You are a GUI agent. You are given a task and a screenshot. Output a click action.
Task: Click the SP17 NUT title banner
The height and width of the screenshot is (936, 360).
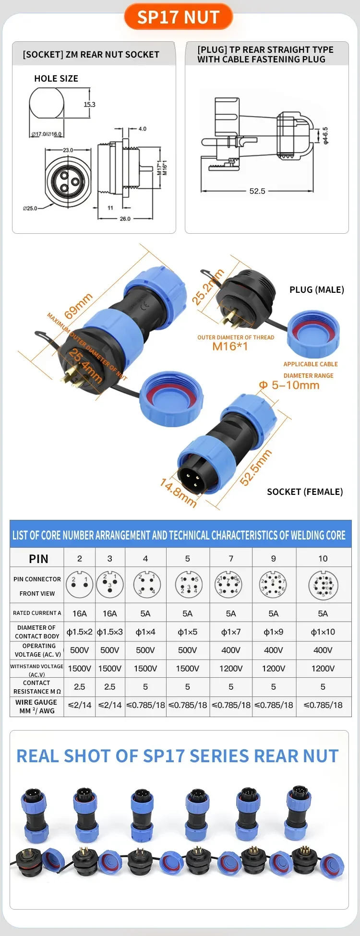tap(178, 17)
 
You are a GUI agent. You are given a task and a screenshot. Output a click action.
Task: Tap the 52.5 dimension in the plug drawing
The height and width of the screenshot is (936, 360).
tap(257, 191)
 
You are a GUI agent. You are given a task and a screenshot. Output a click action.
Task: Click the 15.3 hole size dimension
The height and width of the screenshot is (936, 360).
tap(89, 104)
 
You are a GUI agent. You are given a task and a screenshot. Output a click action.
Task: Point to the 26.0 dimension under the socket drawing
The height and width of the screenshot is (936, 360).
tap(125, 218)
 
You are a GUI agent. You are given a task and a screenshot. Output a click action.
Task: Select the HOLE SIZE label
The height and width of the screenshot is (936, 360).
tap(56, 78)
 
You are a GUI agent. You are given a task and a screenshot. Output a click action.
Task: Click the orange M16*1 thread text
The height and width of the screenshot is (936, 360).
tap(230, 346)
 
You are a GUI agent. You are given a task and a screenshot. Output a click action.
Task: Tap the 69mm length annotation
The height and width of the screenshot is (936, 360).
tap(78, 306)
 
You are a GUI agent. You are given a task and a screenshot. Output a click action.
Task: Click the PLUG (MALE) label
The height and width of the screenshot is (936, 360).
tap(316, 289)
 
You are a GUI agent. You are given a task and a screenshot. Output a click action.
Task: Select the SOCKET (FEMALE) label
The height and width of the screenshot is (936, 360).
tap(304, 492)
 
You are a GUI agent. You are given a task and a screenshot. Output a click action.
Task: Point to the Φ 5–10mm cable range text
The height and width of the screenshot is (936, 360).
tap(289, 385)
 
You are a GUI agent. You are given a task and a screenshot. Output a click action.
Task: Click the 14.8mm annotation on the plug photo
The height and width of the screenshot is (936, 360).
tap(178, 492)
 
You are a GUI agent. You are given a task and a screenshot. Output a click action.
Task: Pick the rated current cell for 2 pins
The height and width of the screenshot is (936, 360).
tap(80, 613)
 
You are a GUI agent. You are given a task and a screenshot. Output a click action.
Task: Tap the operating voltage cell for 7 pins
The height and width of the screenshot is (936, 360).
tap(231, 650)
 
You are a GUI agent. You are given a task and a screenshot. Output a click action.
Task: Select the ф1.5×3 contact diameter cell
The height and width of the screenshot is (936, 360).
tap(110, 632)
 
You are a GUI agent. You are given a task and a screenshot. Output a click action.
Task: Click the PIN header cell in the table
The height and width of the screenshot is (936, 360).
tap(38, 559)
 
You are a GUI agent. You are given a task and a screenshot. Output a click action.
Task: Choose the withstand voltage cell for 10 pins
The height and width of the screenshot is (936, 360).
tap(323, 668)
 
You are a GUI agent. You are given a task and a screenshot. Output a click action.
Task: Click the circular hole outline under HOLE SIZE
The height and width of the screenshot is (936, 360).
tap(47, 103)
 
